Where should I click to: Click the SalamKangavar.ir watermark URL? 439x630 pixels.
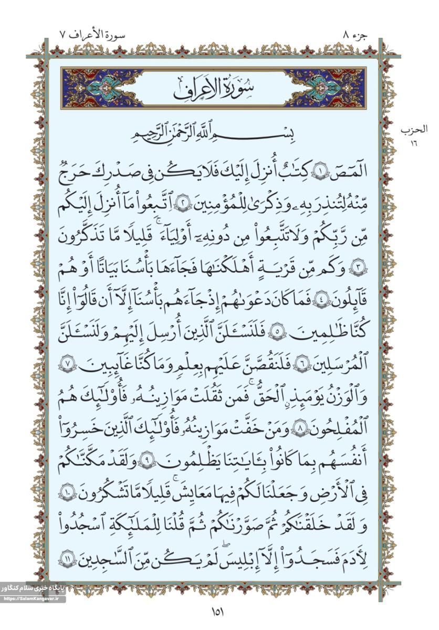click(33, 598)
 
